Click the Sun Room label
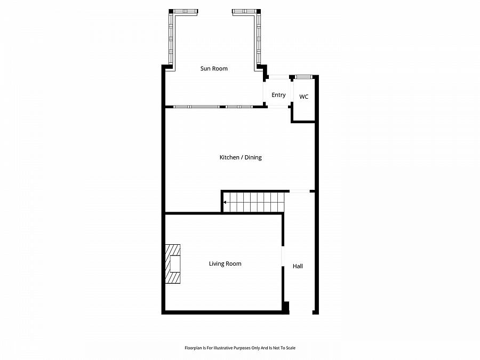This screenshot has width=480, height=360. [x=213, y=68]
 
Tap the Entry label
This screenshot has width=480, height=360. [x=278, y=95]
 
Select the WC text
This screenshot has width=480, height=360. [x=303, y=97]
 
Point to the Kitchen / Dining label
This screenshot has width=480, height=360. [x=241, y=157]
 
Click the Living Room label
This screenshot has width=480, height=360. [x=225, y=263]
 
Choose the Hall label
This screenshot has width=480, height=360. [x=298, y=266]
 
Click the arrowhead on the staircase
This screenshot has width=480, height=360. [x=225, y=202]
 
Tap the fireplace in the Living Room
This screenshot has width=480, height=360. [x=173, y=264]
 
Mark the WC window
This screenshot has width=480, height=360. [x=303, y=77]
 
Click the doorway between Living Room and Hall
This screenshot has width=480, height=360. [x=283, y=256]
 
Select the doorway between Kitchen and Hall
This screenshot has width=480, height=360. [x=299, y=191]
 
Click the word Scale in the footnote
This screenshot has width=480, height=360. [x=290, y=348]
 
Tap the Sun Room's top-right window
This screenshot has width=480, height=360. [x=244, y=11]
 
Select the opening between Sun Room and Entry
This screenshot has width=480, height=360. [x=264, y=93]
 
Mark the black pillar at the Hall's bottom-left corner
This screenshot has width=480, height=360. [x=286, y=307]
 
